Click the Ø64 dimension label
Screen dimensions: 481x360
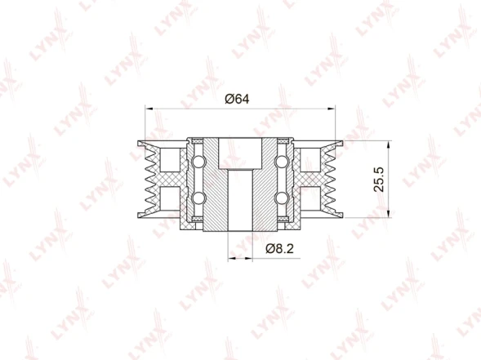click(237, 99)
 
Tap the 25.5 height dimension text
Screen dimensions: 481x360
click(379, 180)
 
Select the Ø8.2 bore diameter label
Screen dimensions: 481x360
click(280, 248)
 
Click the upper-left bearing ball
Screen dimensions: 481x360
click(198, 162)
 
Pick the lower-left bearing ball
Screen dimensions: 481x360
click(198, 198)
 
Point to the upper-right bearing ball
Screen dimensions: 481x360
click(282, 162)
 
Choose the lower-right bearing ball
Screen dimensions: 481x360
click(282, 198)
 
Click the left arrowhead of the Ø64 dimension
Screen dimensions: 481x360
click(149, 109)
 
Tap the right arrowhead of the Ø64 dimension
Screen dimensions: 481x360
click(332, 109)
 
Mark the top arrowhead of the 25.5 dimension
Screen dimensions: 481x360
click(389, 144)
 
